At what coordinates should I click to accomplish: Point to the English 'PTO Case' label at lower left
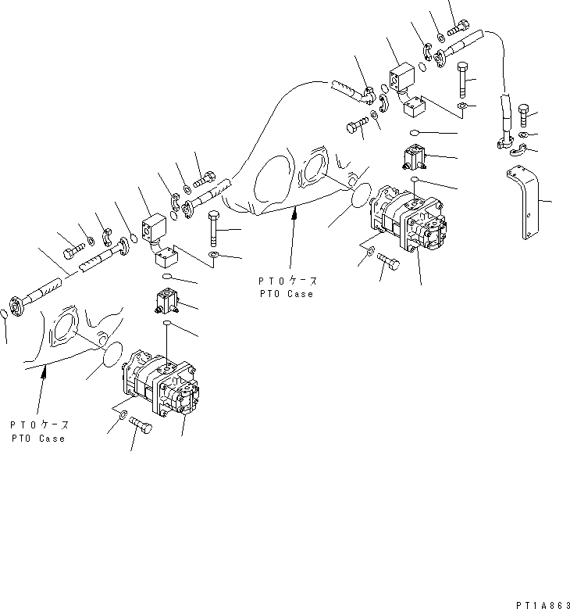point(38,439)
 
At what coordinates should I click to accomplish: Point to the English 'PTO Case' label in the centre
point(287,294)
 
